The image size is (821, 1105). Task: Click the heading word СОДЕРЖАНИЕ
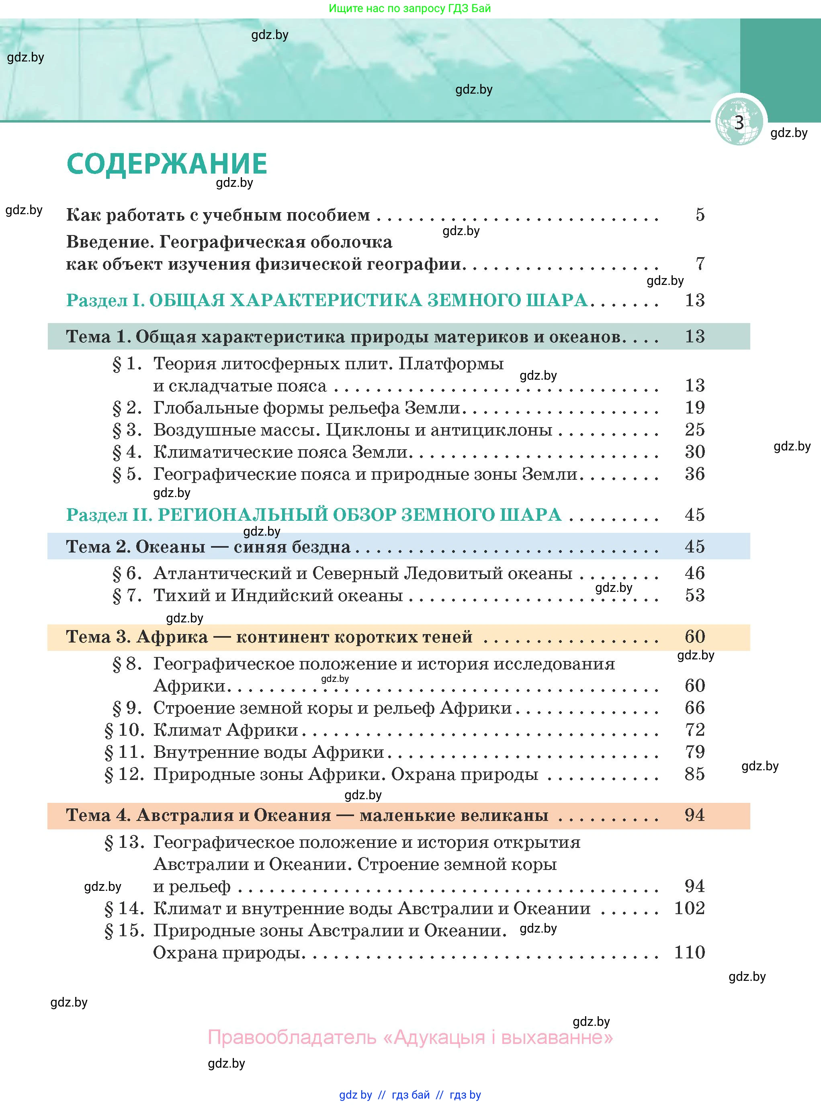(167, 164)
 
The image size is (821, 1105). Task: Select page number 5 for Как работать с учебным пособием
(700, 215)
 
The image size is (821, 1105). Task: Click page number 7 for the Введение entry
(700, 263)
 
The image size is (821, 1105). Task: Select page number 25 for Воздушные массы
(694, 430)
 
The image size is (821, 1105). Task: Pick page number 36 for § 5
(694, 474)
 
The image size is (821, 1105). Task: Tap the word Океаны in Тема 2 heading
(170, 546)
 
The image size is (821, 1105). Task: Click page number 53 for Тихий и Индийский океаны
(694, 595)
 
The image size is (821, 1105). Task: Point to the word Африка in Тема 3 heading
(172, 637)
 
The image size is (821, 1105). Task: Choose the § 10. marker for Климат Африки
(124, 730)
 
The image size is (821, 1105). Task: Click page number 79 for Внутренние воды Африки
(694, 752)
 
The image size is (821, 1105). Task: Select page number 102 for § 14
(689, 908)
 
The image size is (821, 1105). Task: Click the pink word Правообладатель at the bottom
(292, 1037)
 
